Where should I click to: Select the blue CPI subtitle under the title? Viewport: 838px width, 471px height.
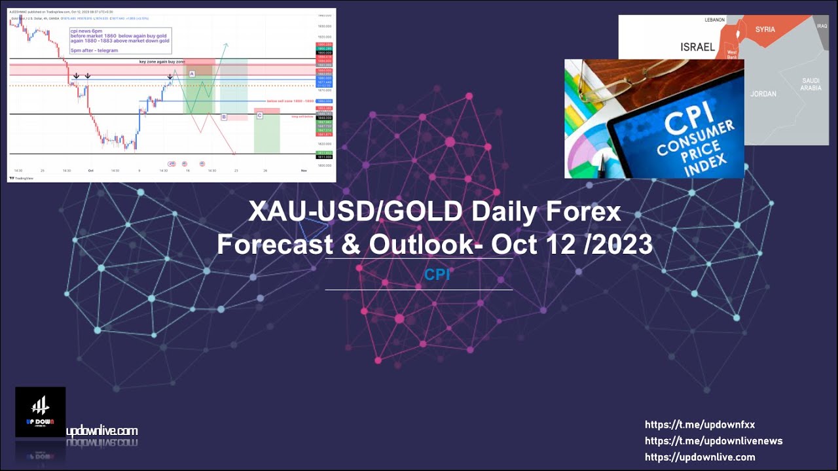pos(437,275)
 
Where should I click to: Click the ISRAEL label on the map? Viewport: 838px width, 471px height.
pos(697,47)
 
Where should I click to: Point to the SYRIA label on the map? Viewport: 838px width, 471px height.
pos(765,29)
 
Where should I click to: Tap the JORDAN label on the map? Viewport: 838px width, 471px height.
pos(763,94)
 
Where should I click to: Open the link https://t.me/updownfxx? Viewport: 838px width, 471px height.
pos(699,425)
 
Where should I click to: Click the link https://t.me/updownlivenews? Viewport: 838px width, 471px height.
pos(713,441)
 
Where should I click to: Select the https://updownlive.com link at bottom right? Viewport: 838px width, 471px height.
pos(699,457)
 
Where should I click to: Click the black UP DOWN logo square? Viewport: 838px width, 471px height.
pos(40,411)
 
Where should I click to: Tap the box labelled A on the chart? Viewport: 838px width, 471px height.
pos(192,74)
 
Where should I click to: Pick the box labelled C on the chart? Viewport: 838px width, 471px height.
pos(259,115)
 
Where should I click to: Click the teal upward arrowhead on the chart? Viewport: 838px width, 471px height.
pos(226,44)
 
